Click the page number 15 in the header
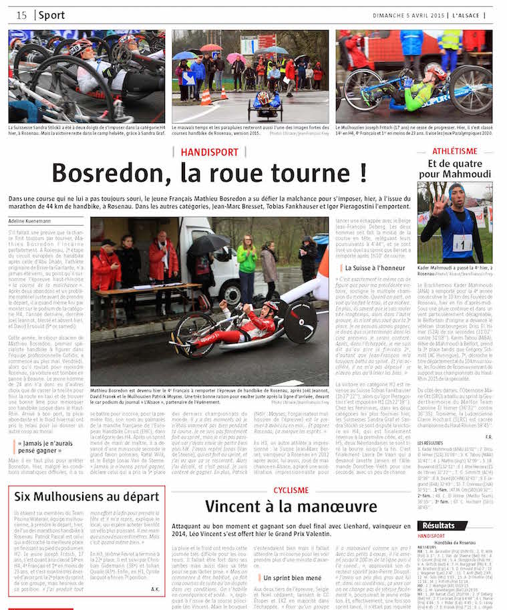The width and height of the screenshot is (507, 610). click(x=21, y=15)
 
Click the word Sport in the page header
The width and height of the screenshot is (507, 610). click(x=52, y=15)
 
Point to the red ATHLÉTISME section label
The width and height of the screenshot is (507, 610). click(x=455, y=151)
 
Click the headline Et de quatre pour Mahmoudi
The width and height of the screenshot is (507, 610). click(x=455, y=168)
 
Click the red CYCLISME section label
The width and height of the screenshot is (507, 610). click(x=291, y=490)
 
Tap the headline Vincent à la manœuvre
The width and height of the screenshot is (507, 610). click(x=291, y=506)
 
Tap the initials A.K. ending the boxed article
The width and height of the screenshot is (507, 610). click(x=154, y=589)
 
